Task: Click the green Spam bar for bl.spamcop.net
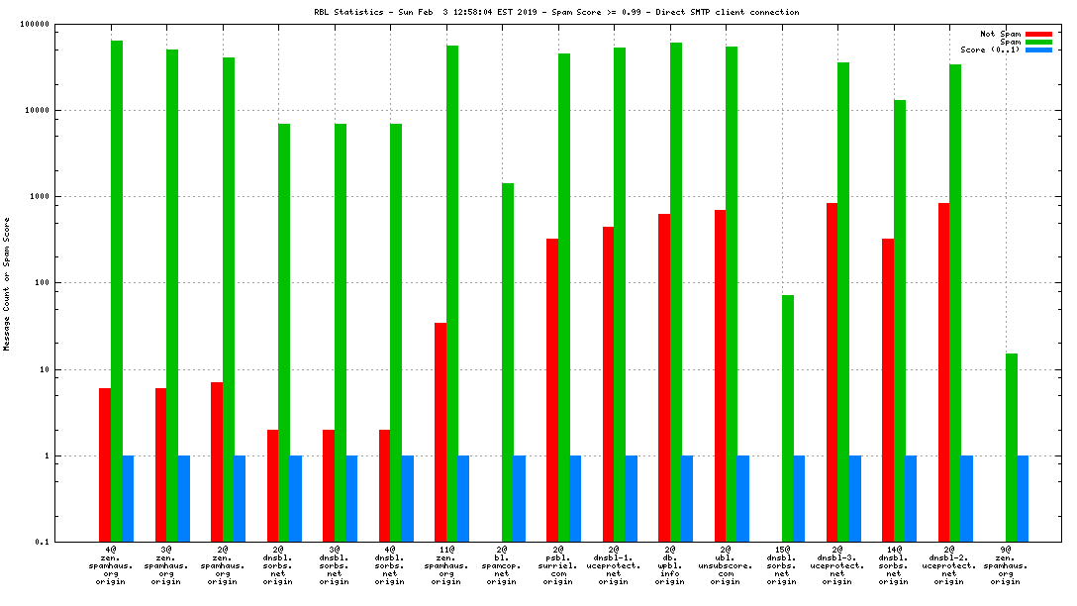(508, 362)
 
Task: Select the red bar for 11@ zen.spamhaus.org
(441, 432)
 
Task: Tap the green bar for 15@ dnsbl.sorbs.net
(788, 418)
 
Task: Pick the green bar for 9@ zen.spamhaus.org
(1012, 448)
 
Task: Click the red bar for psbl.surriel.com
(552, 390)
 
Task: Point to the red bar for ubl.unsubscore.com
(720, 375)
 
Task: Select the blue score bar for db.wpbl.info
(687, 499)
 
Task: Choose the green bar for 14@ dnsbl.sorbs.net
(900, 321)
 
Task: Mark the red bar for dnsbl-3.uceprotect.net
(832, 372)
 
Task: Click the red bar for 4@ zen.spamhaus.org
(105, 464)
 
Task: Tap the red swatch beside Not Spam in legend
(1038, 34)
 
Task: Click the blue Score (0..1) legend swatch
(1038, 50)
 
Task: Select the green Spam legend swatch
(1038, 42)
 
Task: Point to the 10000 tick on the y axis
(62, 110)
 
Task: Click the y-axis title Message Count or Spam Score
(7, 284)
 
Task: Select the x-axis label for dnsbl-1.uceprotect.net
(613, 564)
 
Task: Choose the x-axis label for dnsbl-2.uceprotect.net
(948, 564)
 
